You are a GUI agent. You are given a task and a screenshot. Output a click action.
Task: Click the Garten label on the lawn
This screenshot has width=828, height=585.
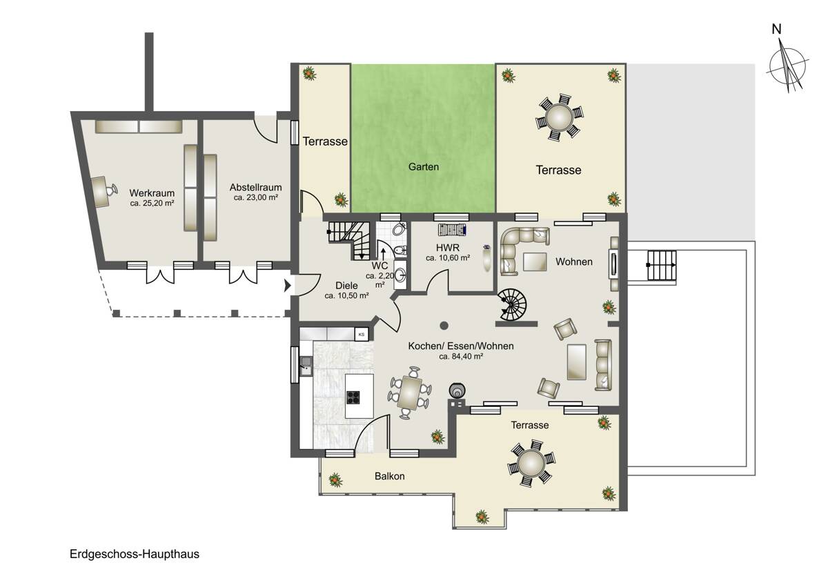coord(423,167)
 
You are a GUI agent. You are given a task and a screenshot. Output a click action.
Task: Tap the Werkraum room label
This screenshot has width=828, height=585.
coord(152,193)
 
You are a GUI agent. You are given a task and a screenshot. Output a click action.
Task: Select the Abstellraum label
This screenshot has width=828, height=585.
coord(255,188)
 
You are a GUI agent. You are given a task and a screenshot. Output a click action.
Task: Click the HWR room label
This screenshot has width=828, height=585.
coord(447,248)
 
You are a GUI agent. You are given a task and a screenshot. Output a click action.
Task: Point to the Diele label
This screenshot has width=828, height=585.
coord(346,286)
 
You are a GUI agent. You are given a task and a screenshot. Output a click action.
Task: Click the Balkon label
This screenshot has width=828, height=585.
coord(390,476)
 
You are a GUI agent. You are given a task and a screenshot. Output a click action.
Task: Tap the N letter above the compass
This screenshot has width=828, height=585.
coord(777,29)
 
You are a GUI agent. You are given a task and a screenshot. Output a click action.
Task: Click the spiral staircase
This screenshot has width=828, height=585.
coord(511,304)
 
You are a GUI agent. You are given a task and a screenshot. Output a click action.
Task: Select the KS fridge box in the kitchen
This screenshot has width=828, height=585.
coord(362,335)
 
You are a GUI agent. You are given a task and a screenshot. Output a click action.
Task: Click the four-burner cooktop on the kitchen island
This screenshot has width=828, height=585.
coord(353,397)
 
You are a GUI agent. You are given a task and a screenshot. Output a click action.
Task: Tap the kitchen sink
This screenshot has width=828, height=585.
coord(306,366)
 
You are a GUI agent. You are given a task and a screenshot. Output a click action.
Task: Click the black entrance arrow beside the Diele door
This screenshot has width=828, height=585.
coord(287,286)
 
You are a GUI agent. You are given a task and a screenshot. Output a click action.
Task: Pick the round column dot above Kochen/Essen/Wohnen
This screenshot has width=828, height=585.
coord(444,326)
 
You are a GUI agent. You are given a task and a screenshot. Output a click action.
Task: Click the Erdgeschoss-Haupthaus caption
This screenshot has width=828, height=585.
coord(134,554)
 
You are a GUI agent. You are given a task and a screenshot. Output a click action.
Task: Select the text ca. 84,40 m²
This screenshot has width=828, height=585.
coord(461,357)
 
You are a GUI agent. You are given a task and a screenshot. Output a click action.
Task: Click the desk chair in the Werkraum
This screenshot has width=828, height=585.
coord(111,190)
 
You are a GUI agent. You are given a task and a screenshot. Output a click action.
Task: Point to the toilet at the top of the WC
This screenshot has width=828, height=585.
coord(400,229)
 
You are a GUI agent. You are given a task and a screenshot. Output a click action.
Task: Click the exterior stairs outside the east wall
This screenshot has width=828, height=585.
coord(662,265)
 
